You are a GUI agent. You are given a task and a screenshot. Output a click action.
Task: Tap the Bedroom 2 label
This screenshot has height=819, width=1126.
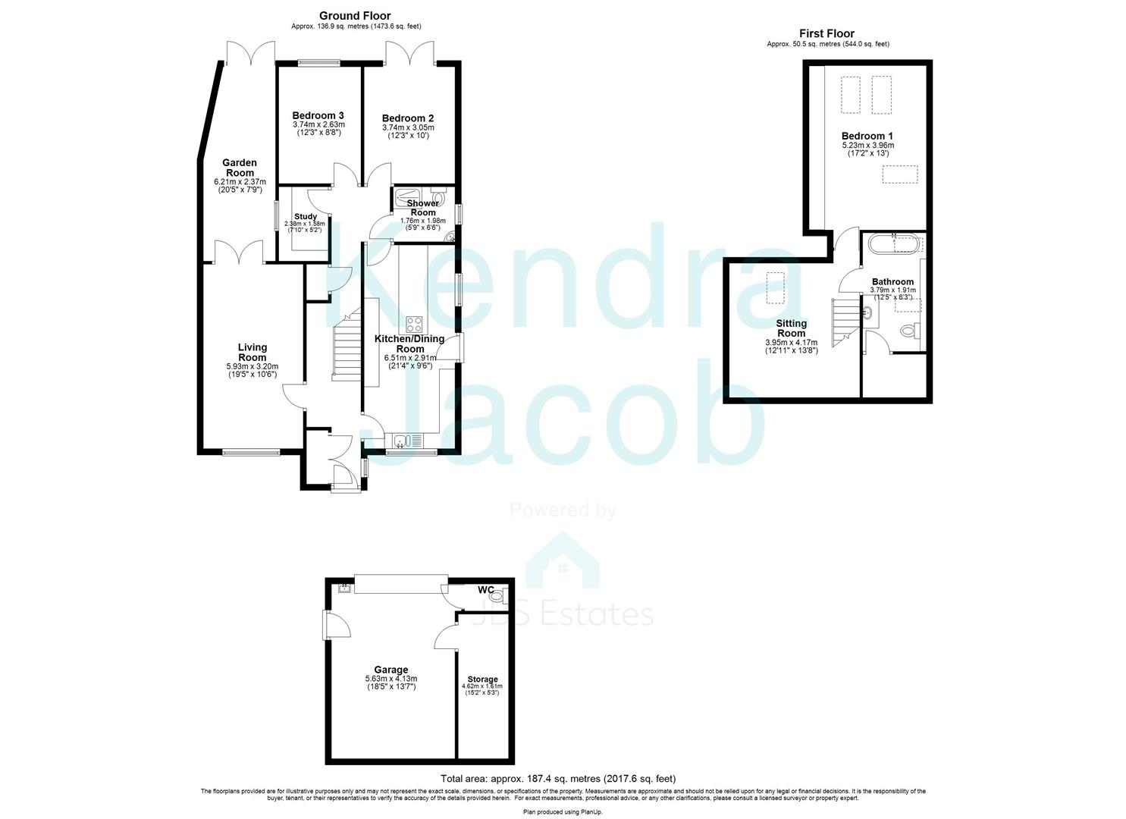point(407,118)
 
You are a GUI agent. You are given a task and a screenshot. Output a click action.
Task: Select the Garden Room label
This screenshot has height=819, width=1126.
point(239,168)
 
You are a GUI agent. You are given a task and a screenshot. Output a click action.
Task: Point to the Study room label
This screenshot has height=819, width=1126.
point(304,217)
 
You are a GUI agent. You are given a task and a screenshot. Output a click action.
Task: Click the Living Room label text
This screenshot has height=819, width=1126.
point(252,353)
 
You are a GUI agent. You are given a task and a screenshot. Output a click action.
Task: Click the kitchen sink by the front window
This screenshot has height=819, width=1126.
point(401,440)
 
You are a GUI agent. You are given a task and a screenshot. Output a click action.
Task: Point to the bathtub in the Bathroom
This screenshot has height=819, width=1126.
point(893,244)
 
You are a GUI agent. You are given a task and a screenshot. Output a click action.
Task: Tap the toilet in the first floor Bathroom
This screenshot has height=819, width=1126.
point(910,330)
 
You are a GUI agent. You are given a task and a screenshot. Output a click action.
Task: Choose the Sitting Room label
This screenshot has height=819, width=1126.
point(791,328)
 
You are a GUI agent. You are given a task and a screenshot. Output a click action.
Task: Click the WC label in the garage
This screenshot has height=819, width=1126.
point(485,590)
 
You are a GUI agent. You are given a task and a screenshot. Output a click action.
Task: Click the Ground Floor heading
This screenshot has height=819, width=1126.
point(354,15)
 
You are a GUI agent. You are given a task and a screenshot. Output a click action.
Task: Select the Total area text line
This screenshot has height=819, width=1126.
point(557,779)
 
